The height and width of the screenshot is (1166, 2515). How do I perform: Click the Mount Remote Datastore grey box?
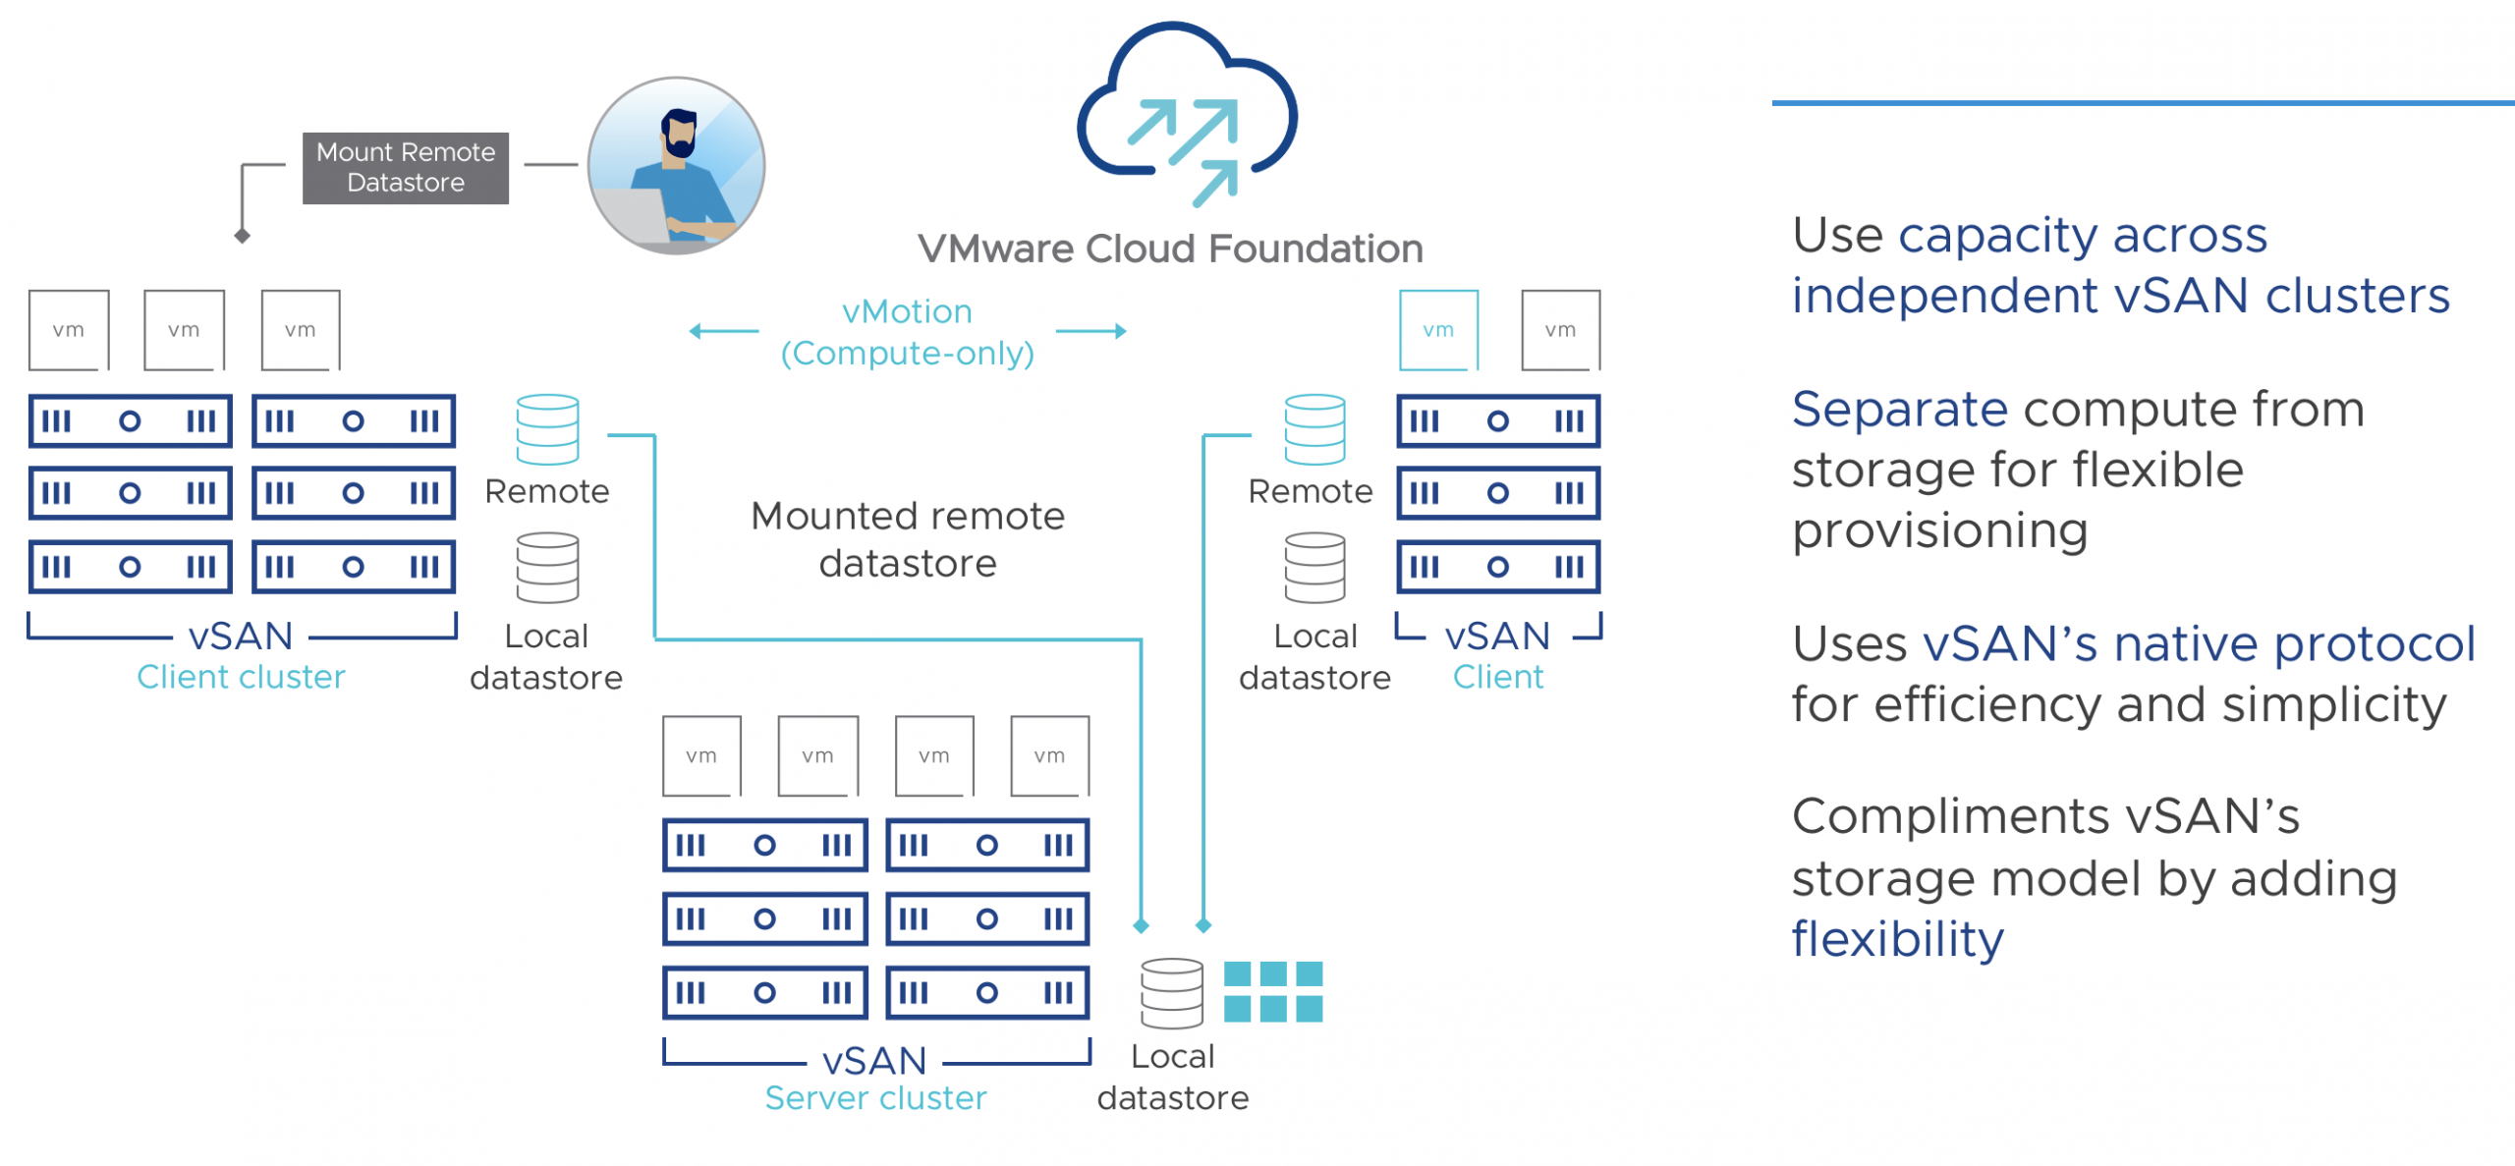pyautogui.click(x=405, y=168)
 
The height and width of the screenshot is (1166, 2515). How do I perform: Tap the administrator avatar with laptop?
pyautogui.click(x=676, y=166)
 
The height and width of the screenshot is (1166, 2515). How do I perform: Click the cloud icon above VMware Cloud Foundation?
pyautogui.click(x=1187, y=113)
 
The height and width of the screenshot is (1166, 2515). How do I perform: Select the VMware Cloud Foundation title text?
pyautogui.click(x=1170, y=250)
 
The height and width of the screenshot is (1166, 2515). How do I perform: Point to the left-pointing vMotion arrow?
pyautogui.click(x=723, y=331)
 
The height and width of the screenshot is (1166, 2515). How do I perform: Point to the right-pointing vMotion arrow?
pyautogui.click(x=1091, y=331)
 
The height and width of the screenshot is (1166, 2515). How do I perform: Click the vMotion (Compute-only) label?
pyautogui.click(x=907, y=332)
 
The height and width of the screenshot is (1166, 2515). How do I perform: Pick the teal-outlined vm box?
pyautogui.click(x=1438, y=330)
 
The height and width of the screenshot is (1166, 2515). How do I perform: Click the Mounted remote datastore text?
pyautogui.click(x=907, y=539)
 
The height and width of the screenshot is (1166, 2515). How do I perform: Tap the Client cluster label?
pyautogui.click(x=241, y=677)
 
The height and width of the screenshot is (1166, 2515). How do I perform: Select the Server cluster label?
pyautogui.click(x=875, y=1097)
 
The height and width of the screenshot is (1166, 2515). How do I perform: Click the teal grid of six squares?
pyautogui.click(x=1273, y=991)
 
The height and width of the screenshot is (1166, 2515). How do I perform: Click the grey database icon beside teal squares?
pyautogui.click(x=1171, y=992)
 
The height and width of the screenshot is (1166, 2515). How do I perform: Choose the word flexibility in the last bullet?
pyautogui.click(x=1897, y=939)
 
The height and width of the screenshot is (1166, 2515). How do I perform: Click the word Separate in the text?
pyautogui.click(x=1899, y=409)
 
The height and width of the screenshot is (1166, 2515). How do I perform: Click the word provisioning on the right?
pyautogui.click(x=1939, y=531)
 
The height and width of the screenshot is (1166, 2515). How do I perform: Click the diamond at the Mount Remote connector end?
pyautogui.click(x=243, y=236)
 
